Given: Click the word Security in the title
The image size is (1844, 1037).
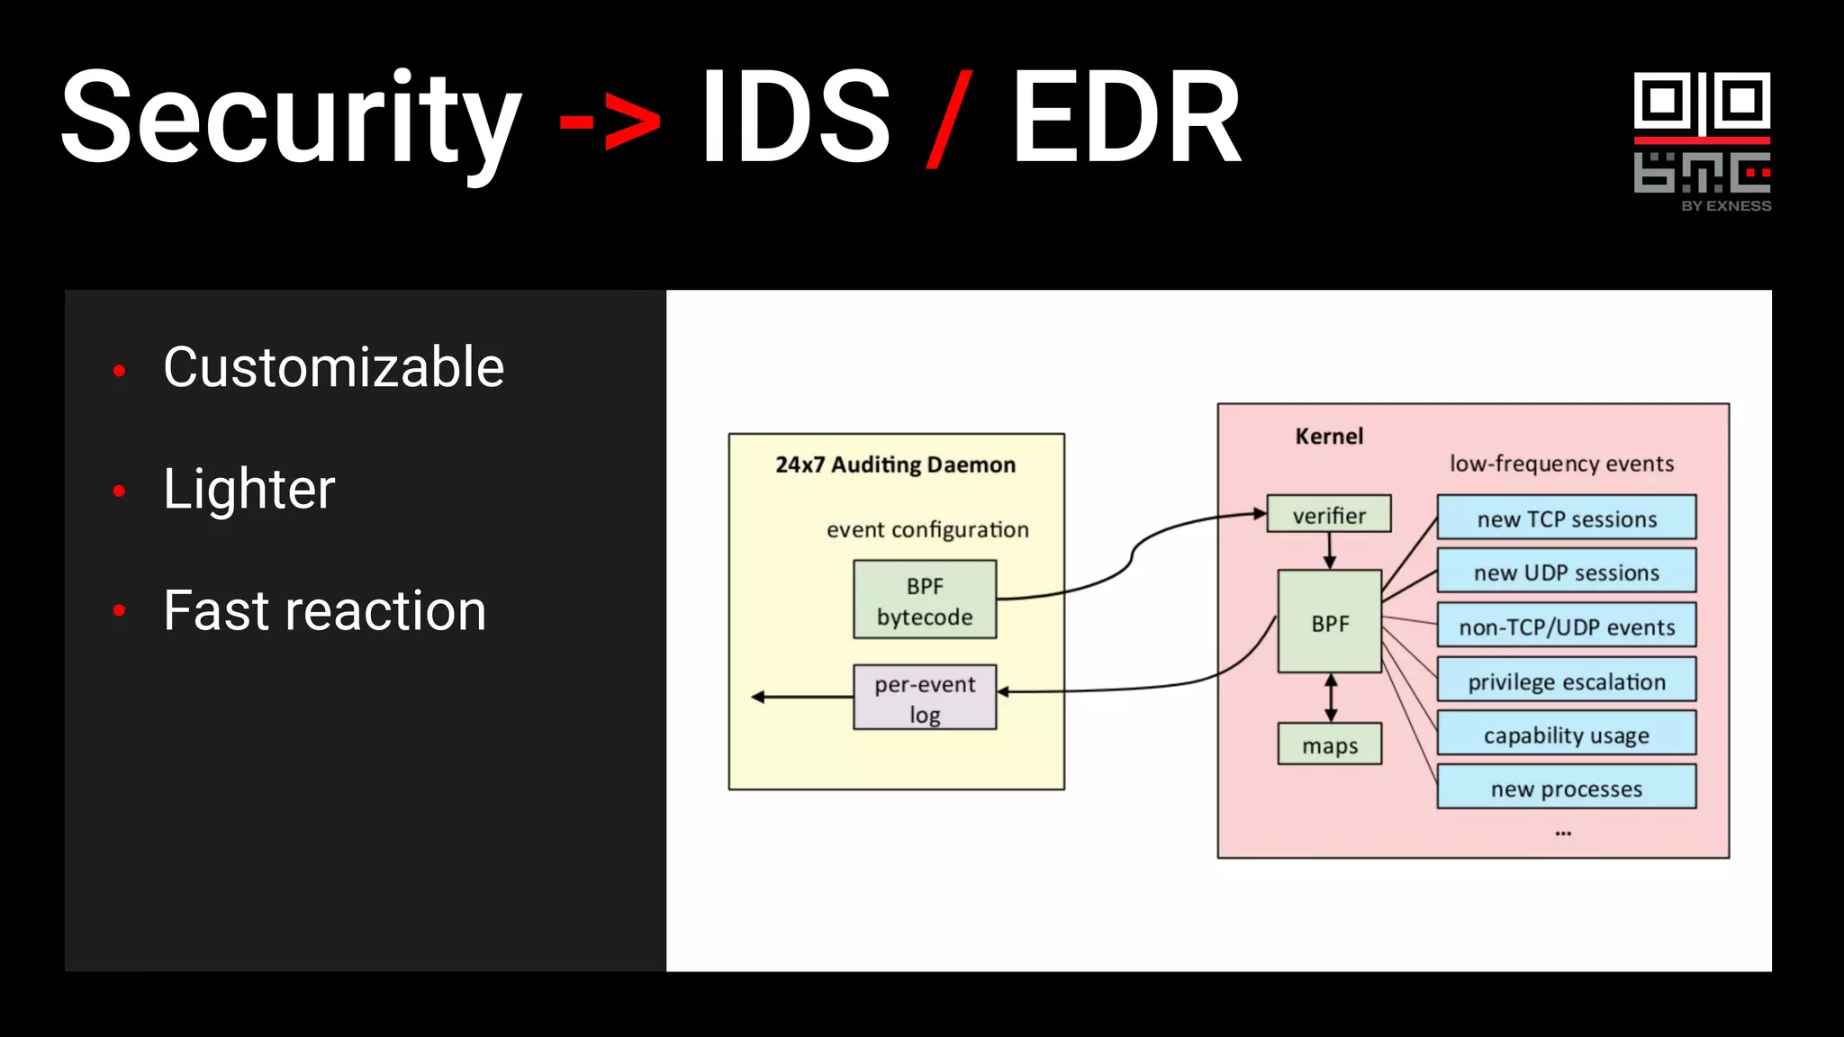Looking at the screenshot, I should coord(291,119).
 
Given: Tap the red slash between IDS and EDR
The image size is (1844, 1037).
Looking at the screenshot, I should coord(949,119).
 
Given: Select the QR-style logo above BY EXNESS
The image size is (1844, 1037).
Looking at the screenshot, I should coord(1702,133).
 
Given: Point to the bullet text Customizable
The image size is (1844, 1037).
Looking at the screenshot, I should coord(333,367).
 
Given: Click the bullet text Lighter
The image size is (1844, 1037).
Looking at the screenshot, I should coord(249,489).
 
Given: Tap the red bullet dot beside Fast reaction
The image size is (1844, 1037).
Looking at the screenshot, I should coord(119,611).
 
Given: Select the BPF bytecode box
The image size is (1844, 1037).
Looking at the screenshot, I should coord(925,600).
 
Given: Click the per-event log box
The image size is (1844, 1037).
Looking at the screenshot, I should coord(925,698).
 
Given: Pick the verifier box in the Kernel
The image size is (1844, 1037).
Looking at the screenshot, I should coord(1329,514).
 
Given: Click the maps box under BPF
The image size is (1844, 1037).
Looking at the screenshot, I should coord(1329,744).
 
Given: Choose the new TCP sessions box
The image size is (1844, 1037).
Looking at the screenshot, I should coord(1567,518).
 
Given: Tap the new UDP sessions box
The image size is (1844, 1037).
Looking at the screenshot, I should coord(1567,572).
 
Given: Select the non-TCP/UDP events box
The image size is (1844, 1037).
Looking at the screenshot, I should coord(1567,626).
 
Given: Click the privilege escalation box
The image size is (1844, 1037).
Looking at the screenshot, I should coord(1567,681).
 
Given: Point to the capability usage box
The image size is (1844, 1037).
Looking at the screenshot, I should coord(1567,734).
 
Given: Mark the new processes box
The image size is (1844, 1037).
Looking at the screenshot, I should coord(1567,788).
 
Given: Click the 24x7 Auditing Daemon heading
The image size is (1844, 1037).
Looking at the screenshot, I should coord(895,464).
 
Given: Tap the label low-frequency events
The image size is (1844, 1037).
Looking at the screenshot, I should coord(1561,464).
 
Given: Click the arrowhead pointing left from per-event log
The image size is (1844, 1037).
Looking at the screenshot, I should coord(758,697).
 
